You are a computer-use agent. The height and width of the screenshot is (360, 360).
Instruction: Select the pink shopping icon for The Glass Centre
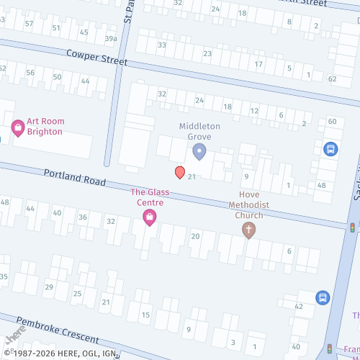point(150,217)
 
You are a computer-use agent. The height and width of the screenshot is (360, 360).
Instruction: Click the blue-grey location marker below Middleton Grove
point(199,151)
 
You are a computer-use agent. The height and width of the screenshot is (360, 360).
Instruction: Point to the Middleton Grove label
point(199,131)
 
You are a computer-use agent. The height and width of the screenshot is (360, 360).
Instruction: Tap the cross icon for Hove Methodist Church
point(248,230)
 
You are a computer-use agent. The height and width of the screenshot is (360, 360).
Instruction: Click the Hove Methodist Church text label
point(248,204)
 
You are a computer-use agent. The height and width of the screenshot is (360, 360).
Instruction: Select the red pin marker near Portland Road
point(179,172)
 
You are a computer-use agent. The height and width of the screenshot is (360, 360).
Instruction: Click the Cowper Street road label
point(96,58)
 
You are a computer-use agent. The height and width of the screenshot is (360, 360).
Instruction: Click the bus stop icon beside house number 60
point(330,149)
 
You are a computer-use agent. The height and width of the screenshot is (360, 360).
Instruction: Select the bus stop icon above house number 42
point(323,297)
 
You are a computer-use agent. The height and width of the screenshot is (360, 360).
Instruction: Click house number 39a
point(110,39)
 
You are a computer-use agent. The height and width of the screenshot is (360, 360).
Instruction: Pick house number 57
point(29,24)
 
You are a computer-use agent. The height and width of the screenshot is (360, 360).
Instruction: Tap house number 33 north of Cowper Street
point(162,45)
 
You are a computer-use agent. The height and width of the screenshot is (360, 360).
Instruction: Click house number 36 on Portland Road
point(83,217)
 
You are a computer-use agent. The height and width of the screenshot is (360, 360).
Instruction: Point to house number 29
point(48,287)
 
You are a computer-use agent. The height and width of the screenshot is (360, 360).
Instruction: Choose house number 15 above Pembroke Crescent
point(145,315)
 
